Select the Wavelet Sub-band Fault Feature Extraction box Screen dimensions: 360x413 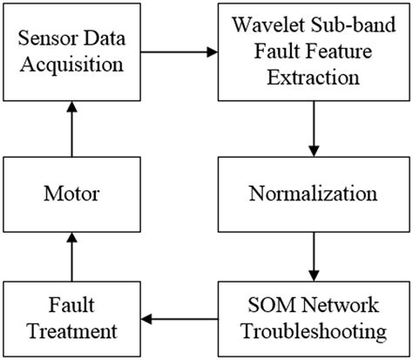pyautogui.click(x=315, y=53)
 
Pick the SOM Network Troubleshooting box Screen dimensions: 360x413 pyautogui.click(x=315, y=319)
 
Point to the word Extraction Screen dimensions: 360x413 pyautogui.click(x=315, y=77)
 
